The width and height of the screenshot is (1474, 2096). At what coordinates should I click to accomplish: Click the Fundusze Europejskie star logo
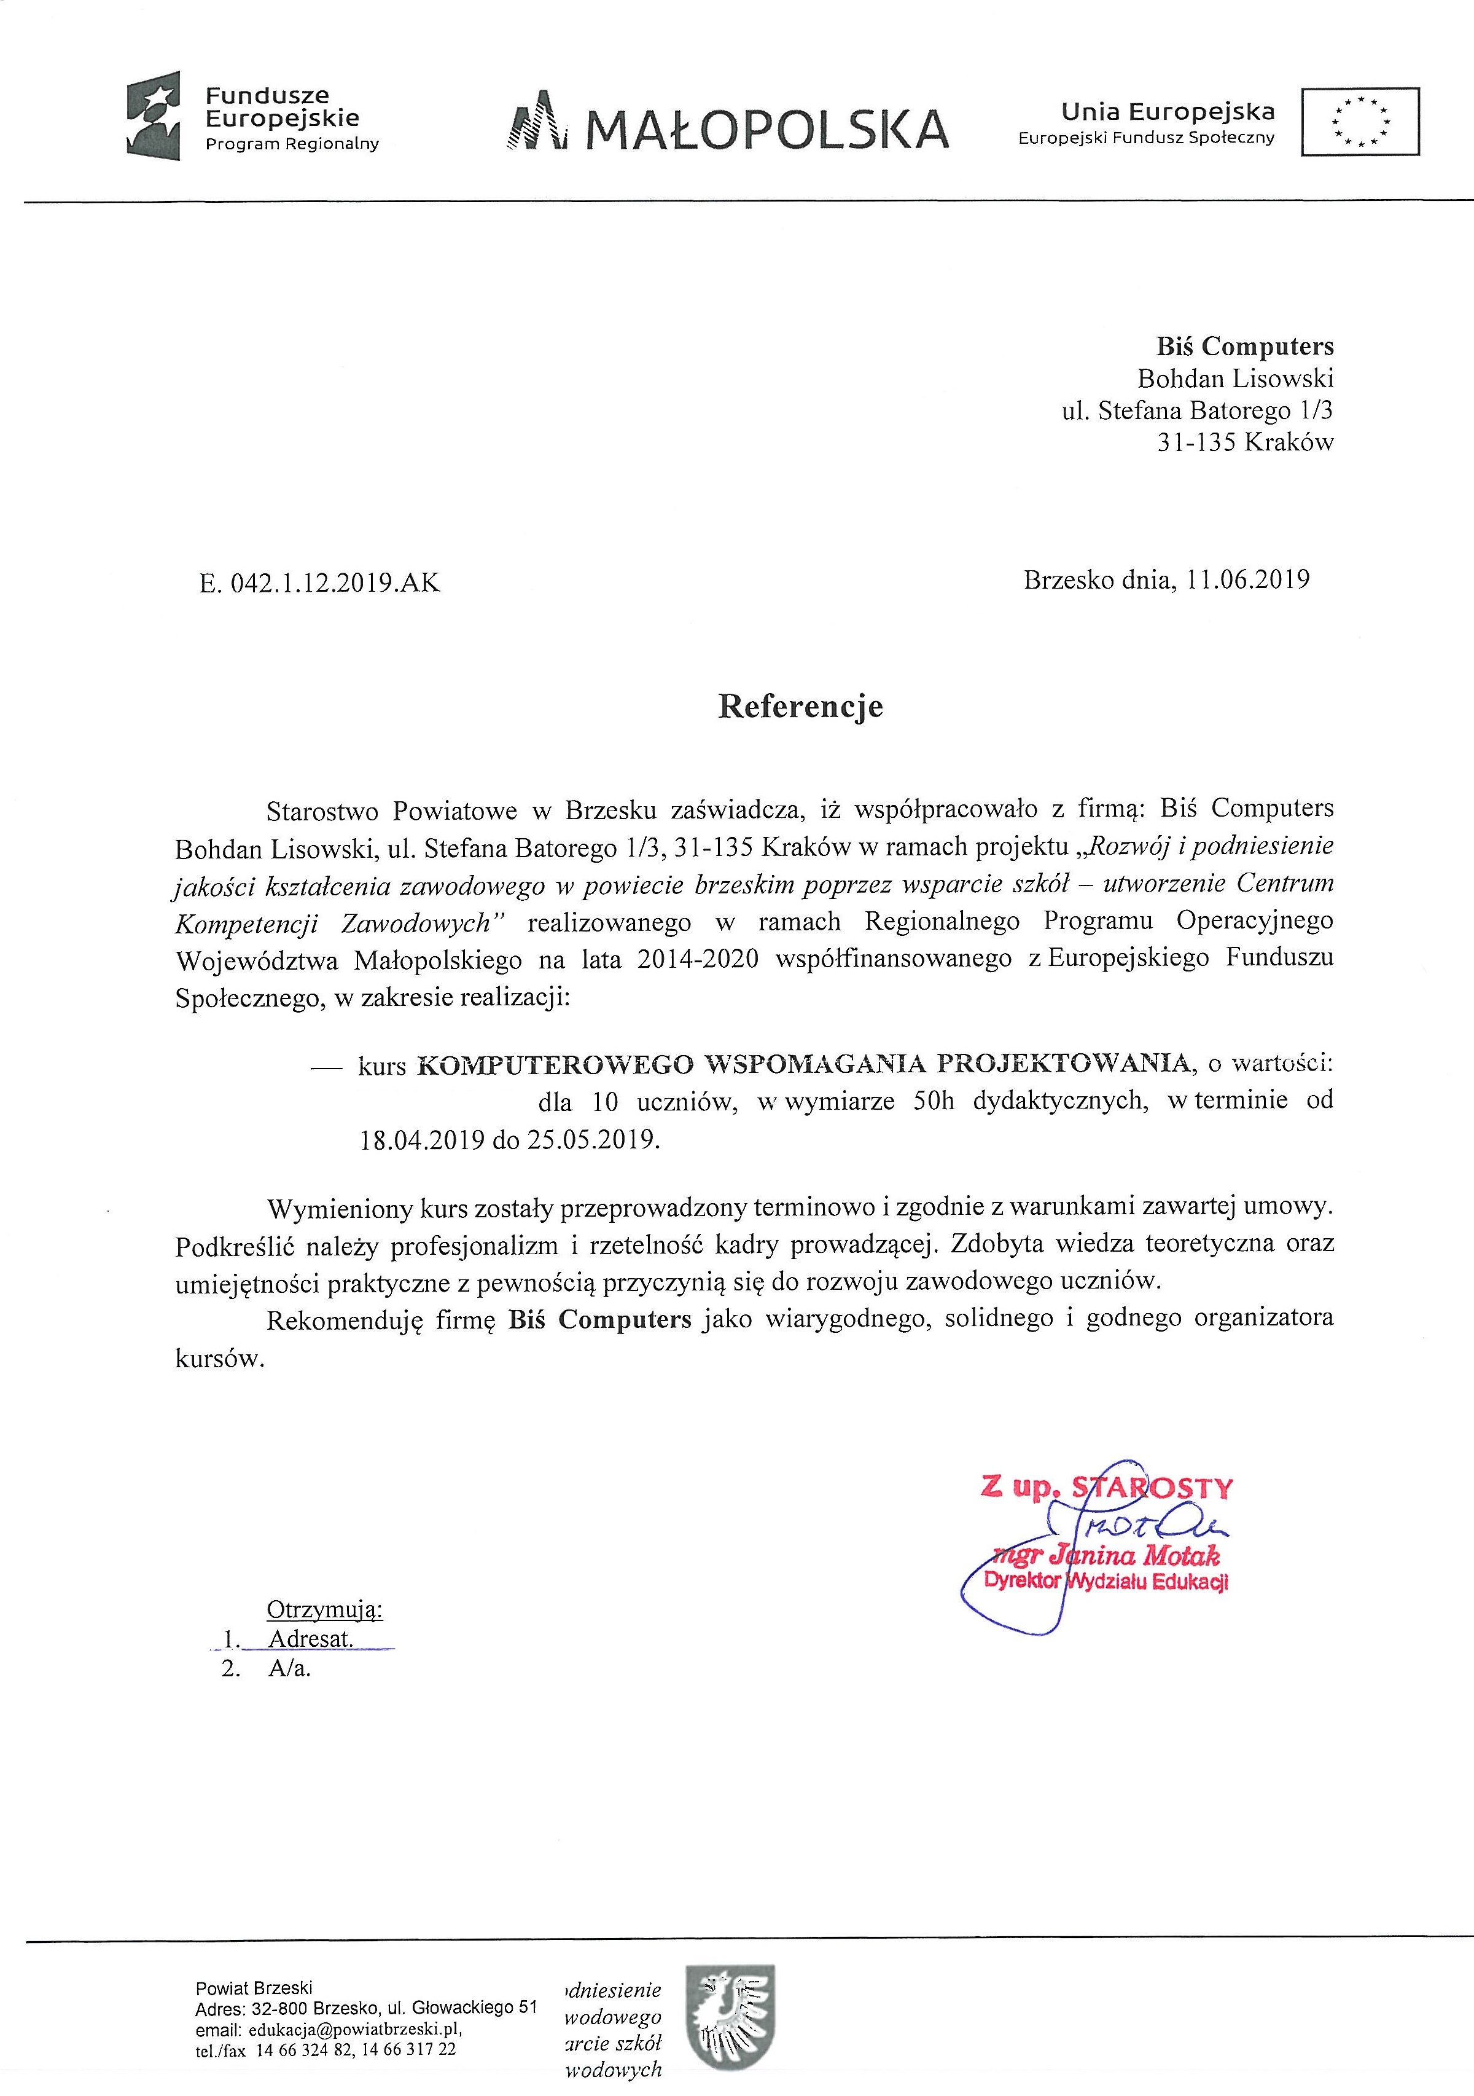pos(154,117)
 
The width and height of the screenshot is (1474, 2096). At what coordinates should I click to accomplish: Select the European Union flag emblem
pos(1360,120)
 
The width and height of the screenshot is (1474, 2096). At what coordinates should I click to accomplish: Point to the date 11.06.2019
pos(1249,579)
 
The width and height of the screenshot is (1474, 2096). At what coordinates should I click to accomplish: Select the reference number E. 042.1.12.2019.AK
pos(319,583)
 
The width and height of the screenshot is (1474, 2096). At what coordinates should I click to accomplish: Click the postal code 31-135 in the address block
pos(1196,443)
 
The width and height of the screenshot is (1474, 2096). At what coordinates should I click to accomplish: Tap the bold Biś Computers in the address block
pos(1245,347)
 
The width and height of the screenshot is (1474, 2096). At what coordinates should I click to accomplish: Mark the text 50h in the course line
pos(934,1101)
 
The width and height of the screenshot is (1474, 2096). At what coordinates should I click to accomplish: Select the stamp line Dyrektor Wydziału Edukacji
pos(1106,1582)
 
